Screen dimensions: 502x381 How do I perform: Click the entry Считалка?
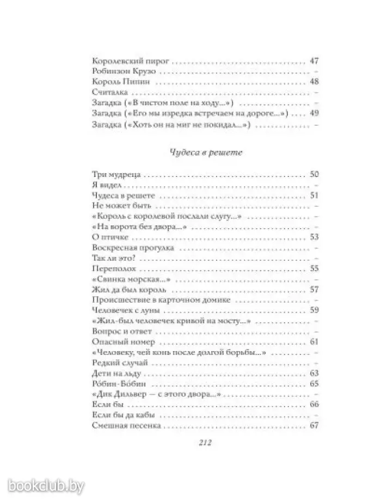point(106,93)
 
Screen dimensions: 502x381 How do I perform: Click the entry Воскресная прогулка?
point(126,248)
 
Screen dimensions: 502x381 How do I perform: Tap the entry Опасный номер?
point(116,341)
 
